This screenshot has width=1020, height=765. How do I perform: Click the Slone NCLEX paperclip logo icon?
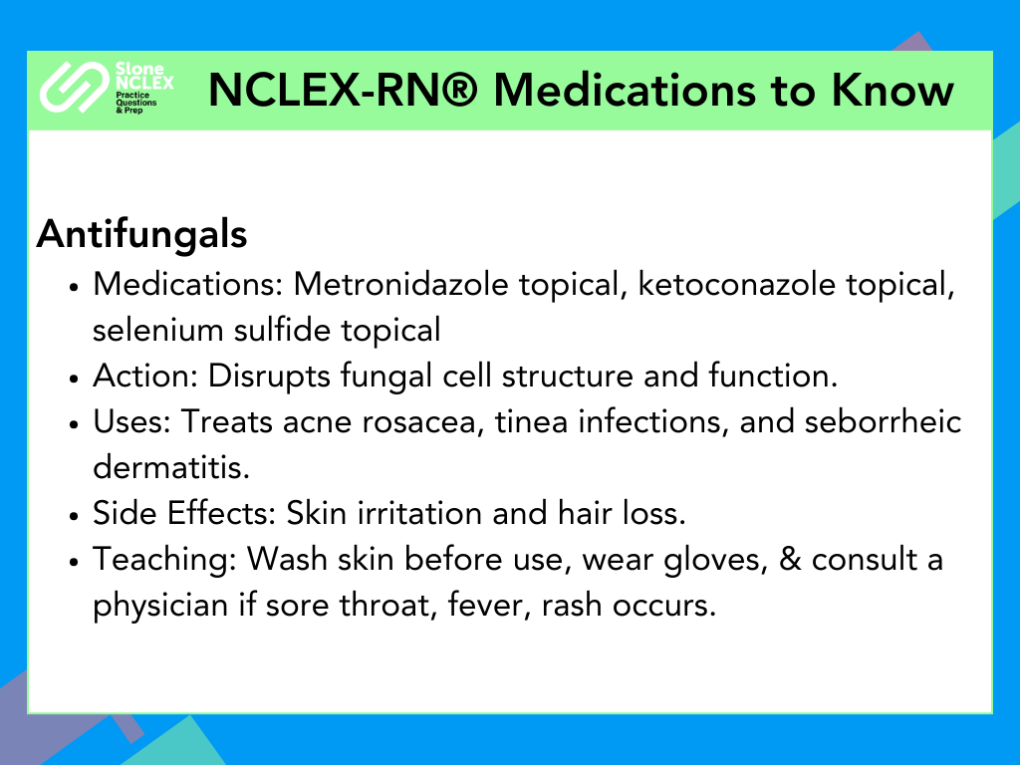pos(74,88)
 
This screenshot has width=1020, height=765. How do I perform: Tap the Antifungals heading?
pos(141,233)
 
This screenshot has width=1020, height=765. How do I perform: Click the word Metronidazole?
pos(400,284)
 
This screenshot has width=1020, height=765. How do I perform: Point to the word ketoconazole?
pos(736,284)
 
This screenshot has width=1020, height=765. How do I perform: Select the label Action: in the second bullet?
pos(145,376)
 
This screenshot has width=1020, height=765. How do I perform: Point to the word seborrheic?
pos(883,421)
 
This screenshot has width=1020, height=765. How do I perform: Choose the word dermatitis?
pos(171,467)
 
